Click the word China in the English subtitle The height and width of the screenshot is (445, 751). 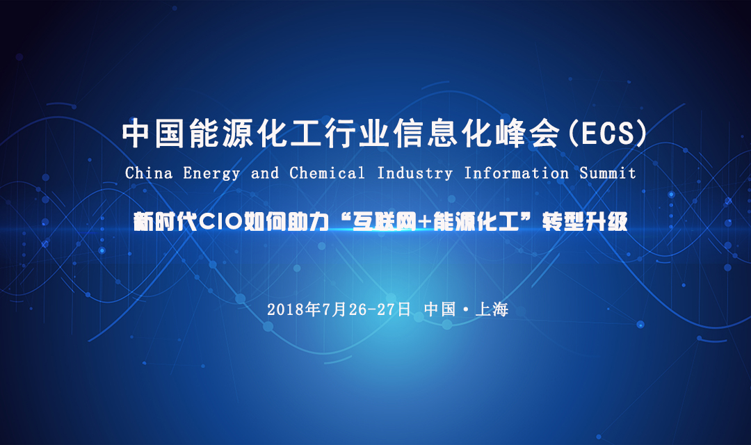pos(149,172)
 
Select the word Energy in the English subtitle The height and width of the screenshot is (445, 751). pos(211,174)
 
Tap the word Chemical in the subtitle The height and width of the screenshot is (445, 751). pos(327,172)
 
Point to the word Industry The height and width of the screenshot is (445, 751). pos(414,174)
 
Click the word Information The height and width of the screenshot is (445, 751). pos(516,172)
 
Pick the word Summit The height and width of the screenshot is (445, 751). pos(608,172)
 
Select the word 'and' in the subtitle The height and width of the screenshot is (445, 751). pos(265,172)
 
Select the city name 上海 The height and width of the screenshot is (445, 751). pos(492,309)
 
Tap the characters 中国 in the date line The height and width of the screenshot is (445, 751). pos(439,309)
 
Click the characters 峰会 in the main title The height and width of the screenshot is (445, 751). pos(528,133)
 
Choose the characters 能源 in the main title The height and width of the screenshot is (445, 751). pos(221,133)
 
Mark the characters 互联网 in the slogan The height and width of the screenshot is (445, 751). pos(384,222)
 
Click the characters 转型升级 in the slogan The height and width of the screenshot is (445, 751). pos(585,222)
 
